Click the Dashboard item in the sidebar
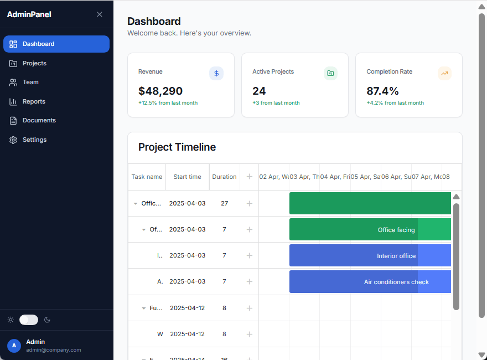[x=56, y=44]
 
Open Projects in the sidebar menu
[x=34, y=63]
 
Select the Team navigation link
[x=30, y=82]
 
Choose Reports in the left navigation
[x=34, y=101]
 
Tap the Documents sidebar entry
[x=39, y=120]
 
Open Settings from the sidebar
[x=34, y=140]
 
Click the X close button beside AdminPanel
[x=100, y=14]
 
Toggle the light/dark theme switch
[x=29, y=320]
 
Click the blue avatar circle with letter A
[x=14, y=346]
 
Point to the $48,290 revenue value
[x=160, y=91]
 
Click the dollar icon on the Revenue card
[x=216, y=73]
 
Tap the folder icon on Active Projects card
[x=330, y=73]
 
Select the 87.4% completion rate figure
[x=382, y=91]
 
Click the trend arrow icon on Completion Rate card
[x=444, y=73]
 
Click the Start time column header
[x=187, y=177]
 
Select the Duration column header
[x=224, y=177]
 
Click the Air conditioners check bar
[x=370, y=281]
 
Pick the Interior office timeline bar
[x=370, y=255]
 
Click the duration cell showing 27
[x=224, y=203]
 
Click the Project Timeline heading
[x=177, y=147]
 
